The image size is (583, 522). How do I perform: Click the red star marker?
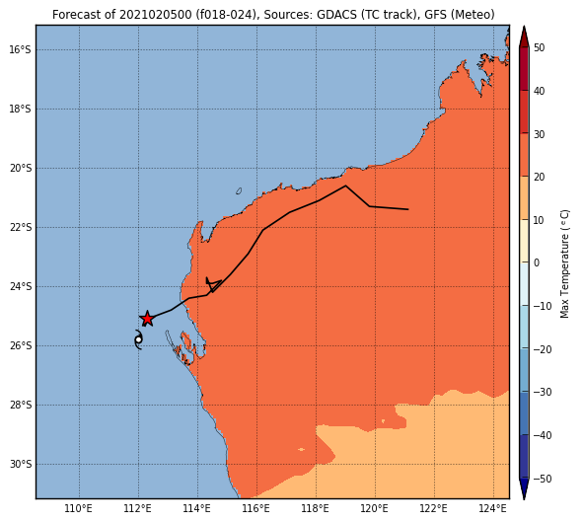(x=147, y=319)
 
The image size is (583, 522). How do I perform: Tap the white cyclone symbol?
(x=138, y=339)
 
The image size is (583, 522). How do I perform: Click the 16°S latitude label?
(x=21, y=49)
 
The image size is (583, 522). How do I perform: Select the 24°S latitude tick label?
(x=21, y=286)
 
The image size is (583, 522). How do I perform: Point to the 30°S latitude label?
(x=21, y=465)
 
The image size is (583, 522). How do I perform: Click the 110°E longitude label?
(x=79, y=508)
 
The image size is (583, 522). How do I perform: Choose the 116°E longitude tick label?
(x=256, y=508)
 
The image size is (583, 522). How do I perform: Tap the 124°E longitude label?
(x=493, y=508)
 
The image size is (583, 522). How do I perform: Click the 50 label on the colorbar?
(x=540, y=48)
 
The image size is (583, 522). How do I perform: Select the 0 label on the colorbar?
(x=537, y=262)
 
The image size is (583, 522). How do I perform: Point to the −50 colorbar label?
(x=543, y=479)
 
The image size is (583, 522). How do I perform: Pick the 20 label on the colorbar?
(x=540, y=177)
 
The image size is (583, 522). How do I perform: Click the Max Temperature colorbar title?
(x=565, y=264)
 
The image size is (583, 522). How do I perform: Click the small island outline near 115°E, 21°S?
(x=239, y=191)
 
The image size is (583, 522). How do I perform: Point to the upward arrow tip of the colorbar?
(x=524, y=26)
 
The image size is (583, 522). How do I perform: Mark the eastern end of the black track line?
(x=408, y=209)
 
